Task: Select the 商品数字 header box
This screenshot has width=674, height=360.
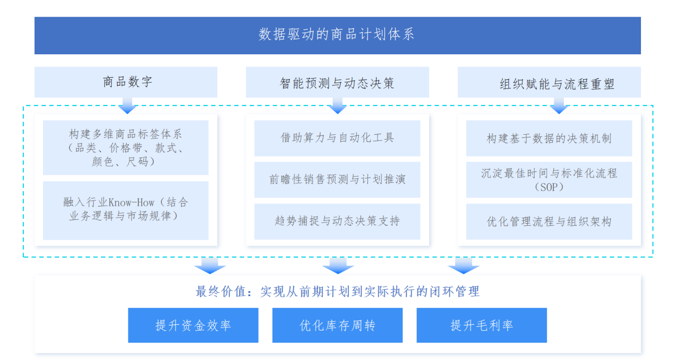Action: [126, 82]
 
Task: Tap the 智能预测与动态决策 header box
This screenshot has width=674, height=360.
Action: [338, 82]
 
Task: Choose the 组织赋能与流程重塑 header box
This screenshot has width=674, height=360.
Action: [549, 82]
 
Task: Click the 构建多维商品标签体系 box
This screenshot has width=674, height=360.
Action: [126, 148]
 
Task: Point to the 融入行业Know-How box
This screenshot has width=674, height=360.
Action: [126, 210]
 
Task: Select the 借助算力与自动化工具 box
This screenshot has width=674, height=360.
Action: [338, 138]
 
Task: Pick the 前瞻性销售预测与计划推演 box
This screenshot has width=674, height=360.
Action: [338, 179]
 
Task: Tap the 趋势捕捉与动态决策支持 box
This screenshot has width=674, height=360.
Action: [338, 222]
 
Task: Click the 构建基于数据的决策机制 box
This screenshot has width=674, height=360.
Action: [549, 138]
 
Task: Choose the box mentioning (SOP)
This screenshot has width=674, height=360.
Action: [549, 179]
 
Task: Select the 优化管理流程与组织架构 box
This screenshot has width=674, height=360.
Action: [549, 222]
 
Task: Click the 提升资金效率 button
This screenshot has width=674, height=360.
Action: [193, 325]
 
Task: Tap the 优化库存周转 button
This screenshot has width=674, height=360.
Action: [338, 325]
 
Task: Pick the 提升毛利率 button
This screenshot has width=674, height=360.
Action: [482, 325]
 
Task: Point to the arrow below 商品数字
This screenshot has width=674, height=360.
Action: [128, 105]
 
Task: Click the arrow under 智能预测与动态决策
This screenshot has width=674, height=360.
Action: [338, 105]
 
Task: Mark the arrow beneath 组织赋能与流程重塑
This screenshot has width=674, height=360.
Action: [559, 105]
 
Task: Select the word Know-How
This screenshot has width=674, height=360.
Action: [131, 202]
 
